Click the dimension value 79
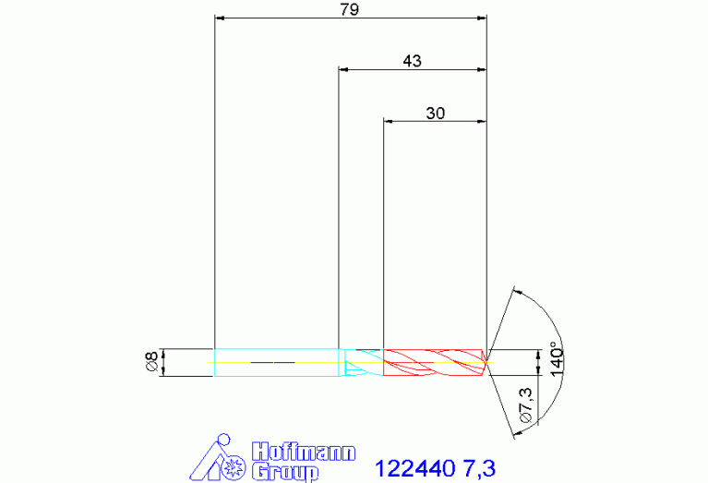(x=350, y=9)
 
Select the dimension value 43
(x=413, y=61)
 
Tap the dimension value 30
(x=436, y=113)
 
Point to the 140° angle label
(x=558, y=361)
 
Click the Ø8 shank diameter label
(x=152, y=361)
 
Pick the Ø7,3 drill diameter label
(x=526, y=405)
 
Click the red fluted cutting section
(x=435, y=362)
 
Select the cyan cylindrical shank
(x=276, y=362)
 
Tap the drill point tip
(x=486, y=362)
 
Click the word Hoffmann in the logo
(x=304, y=453)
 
